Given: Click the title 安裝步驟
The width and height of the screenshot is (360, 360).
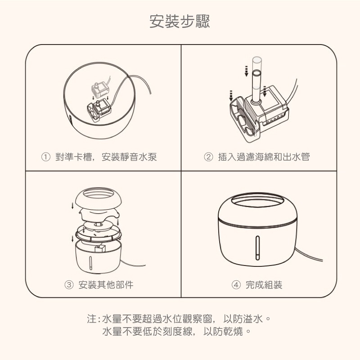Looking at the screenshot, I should click(x=180, y=21).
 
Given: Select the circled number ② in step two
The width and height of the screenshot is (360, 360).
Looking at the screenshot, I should click(x=208, y=157).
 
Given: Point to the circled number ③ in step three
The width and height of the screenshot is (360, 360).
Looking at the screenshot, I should click(x=69, y=285).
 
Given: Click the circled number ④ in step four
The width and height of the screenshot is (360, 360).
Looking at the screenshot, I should click(x=236, y=285).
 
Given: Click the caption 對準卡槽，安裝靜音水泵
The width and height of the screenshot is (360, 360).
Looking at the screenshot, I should click(x=106, y=157).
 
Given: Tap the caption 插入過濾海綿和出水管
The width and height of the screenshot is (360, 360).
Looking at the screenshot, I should click(x=264, y=157).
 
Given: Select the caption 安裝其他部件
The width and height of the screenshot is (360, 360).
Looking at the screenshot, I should click(x=106, y=285).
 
